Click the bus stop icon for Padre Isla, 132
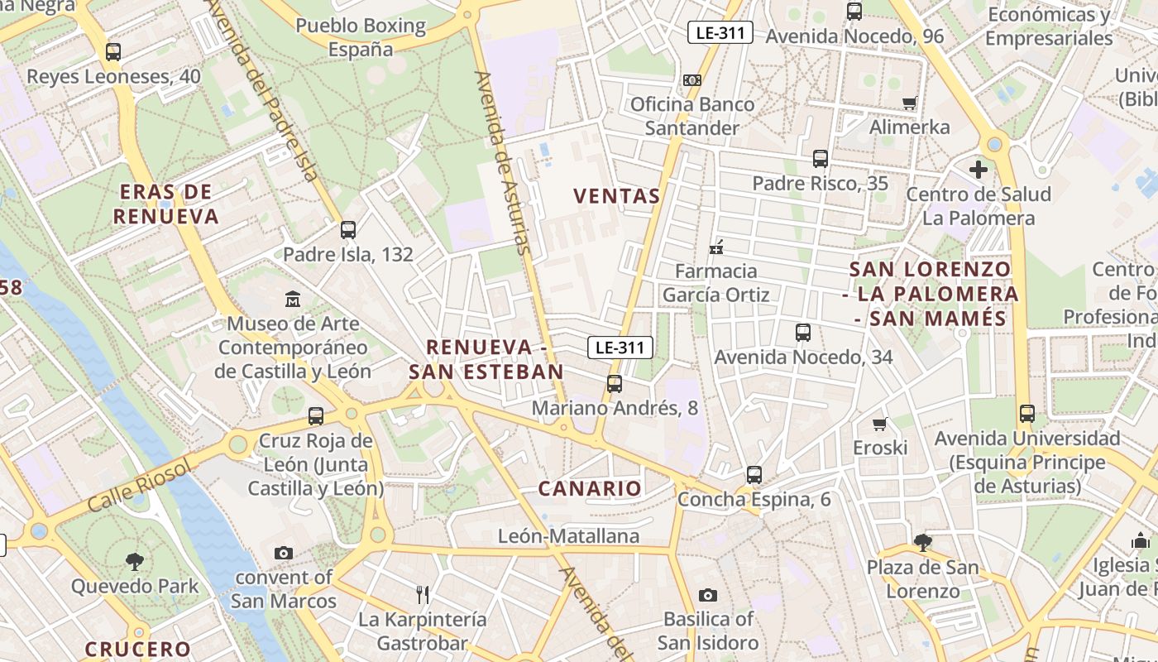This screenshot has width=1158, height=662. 348,230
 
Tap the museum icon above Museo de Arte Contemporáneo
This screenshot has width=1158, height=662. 293,299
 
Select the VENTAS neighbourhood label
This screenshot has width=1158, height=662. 617,196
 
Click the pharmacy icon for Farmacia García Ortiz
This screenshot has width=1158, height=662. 716,247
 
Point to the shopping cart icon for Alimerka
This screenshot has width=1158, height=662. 910,103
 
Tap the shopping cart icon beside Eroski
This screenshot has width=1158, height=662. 880,424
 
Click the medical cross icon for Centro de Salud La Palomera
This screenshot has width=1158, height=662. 979,170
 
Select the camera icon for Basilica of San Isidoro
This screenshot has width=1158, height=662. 707,595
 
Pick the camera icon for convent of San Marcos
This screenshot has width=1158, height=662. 283,553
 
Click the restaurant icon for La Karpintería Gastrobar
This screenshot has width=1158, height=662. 423,594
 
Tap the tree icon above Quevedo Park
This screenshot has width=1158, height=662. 135,562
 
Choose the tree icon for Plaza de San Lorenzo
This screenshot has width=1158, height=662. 923,543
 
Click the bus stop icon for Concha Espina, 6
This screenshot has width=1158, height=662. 754,475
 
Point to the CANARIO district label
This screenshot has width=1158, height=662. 590,488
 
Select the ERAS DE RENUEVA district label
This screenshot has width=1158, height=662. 165,204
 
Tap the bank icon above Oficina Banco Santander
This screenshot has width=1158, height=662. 692,80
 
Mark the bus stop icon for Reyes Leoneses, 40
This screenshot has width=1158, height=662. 113,52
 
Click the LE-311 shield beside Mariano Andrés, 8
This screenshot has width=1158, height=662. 620,348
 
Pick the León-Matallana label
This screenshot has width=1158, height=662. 568,536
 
